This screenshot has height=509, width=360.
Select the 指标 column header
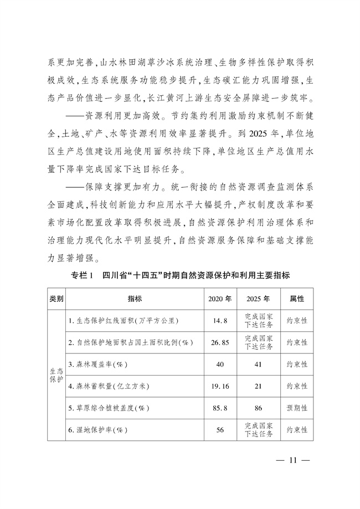[x=135, y=299]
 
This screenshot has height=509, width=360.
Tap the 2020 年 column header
[x=220, y=299]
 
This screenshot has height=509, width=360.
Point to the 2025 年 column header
[x=259, y=299]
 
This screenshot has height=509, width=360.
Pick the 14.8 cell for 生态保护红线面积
[x=220, y=321]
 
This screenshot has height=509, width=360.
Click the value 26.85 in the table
[x=220, y=342]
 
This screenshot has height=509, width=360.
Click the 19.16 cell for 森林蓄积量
[x=220, y=385]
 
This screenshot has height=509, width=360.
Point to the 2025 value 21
[x=259, y=385]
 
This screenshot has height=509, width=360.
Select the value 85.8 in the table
[x=220, y=408]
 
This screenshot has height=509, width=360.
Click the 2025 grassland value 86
[x=259, y=408]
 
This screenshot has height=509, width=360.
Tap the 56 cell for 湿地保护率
[x=220, y=429]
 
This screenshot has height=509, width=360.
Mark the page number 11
[x=294, y=460]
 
